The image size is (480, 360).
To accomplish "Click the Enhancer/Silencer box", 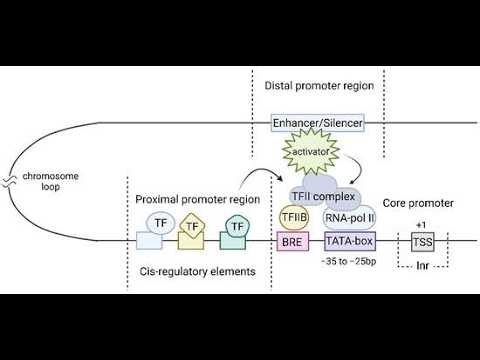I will [317, 122].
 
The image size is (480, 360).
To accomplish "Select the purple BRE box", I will [291, 241].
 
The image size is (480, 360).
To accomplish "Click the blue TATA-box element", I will [349, 241].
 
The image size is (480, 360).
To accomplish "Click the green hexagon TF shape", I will [237, 228].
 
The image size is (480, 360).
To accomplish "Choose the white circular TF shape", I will [160, 220].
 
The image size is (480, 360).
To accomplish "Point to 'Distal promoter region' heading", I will [319, 86].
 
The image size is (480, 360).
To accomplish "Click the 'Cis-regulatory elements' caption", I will [199, 272].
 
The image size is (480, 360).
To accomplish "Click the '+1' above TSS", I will [421, 223].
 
